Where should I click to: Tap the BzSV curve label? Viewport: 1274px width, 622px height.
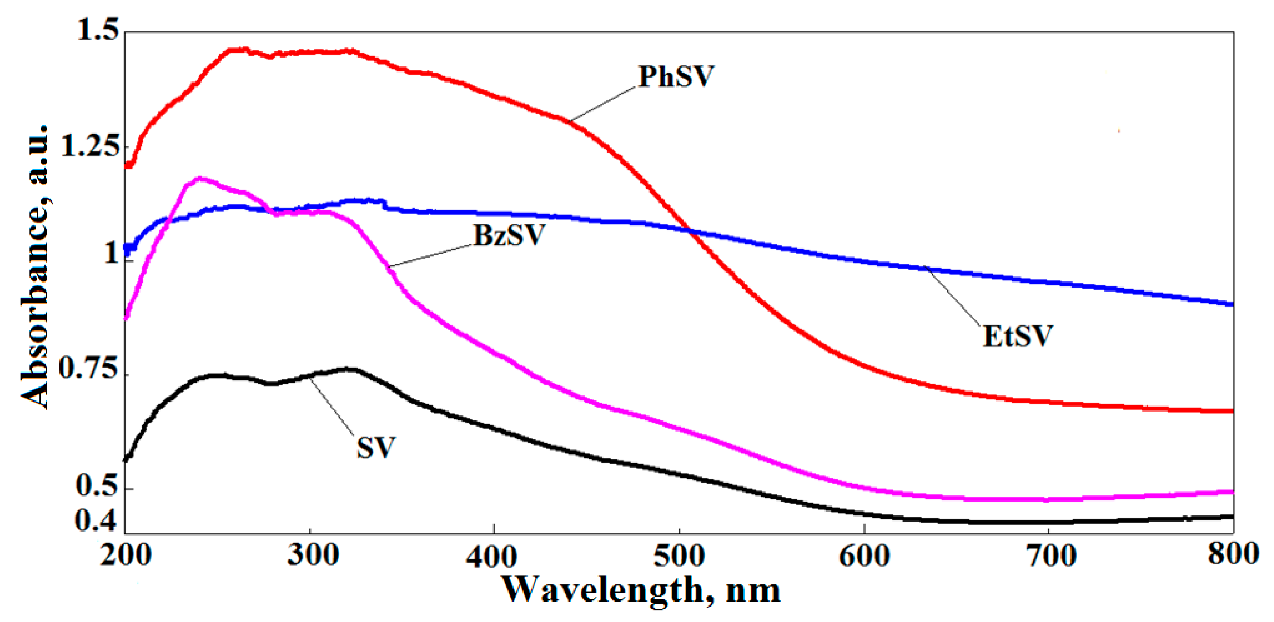509,236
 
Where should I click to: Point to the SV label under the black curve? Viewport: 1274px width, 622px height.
376,448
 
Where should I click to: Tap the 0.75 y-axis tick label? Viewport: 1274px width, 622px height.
89,369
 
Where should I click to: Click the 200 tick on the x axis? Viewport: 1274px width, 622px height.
126,555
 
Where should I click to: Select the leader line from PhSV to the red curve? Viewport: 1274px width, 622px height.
602,104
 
